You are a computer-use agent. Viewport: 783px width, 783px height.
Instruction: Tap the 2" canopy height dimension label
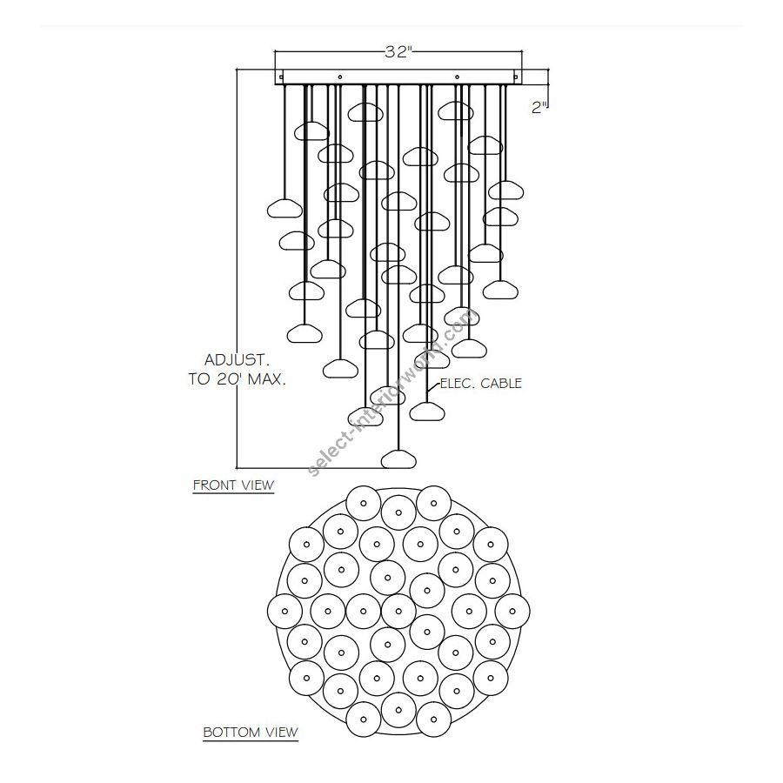point(539,107)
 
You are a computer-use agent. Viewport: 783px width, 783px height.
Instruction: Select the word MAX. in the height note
point(267,379)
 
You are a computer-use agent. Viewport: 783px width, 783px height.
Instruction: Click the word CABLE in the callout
point(501,384)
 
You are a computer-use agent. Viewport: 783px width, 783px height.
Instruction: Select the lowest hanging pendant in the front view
point(398,459)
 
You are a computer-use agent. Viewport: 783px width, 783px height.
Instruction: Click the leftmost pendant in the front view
point(284,208)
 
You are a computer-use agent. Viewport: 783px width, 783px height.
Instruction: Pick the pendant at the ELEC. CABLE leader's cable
point(427,412)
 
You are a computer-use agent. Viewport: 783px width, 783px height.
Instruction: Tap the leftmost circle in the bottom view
point(284,611)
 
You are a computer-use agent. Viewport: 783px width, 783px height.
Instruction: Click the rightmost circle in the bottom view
point(512,611)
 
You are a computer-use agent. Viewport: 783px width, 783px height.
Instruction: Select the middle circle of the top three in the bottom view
point(398,512)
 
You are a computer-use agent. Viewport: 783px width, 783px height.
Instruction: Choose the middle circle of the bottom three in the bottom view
point(398,710)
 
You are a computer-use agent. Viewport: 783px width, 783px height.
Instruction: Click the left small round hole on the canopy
point(340,77)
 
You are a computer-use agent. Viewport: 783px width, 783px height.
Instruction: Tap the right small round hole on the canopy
point(457,77)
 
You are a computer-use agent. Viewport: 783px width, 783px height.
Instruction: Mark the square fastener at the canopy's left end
point(281,77)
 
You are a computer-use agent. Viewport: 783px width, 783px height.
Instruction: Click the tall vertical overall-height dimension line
point(237,269)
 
